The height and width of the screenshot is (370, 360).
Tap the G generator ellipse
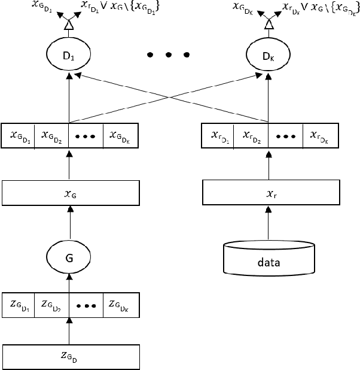click(x=69, y=258)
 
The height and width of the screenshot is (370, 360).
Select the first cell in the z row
click(x=19, y=304)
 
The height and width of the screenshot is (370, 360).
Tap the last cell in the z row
click(x=121, y=304)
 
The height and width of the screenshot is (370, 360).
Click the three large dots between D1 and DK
click(x=169, y=54)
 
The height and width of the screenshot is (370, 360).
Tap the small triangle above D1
click(x=69, y=26)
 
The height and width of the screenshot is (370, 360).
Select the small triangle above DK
click(x=269, y=26)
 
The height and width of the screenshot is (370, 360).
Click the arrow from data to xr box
click(x=269, y=223)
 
